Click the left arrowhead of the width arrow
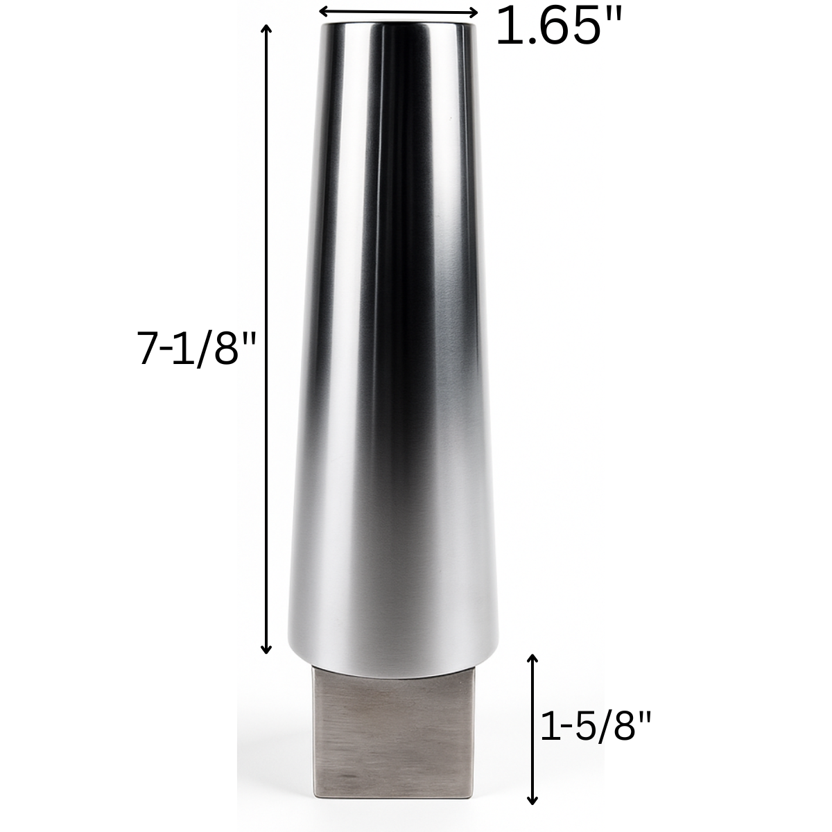coord(321,11)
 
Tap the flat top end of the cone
coord(397,26)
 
